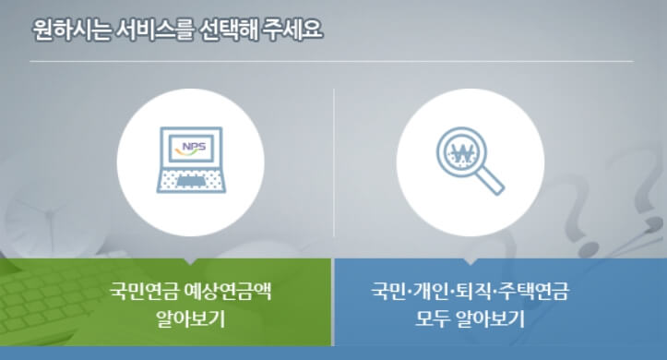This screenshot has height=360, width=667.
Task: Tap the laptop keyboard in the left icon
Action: [190, 179]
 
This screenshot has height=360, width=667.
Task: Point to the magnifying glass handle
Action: [492, 183]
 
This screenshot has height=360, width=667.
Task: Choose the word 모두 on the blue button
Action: [432, 321]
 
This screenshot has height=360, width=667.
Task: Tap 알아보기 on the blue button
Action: [487, 321]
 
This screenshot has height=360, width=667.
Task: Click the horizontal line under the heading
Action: [332, 62]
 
